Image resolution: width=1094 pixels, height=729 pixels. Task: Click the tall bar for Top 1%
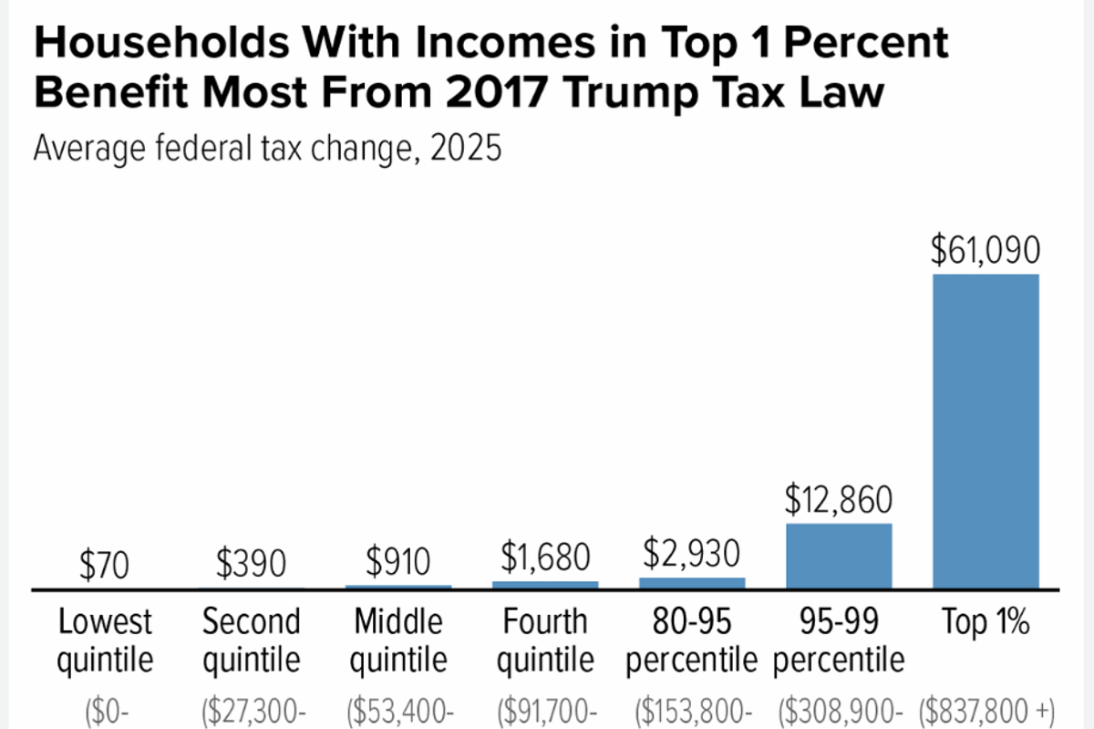[986, 431]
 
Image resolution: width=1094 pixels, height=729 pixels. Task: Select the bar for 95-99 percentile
[839, 556]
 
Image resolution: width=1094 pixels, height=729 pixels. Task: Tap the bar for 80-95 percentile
[692, 583]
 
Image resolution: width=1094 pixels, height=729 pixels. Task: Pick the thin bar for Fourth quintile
[545, 585]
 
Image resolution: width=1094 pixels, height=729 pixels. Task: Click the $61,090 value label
[986, 252]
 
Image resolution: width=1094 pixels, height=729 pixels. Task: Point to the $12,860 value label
[839, 501]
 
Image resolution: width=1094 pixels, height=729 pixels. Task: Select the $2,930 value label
[692, 554]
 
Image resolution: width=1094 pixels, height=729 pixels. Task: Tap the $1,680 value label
[545, 556]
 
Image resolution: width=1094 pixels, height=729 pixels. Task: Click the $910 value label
[398, 561]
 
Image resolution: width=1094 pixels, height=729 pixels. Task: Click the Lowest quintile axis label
[104, 640]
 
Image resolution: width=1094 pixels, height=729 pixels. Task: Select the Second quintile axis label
[252, 640]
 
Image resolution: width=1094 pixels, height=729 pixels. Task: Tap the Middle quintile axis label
[398, 640]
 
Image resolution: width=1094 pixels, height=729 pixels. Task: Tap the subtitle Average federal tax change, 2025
[267, 148]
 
